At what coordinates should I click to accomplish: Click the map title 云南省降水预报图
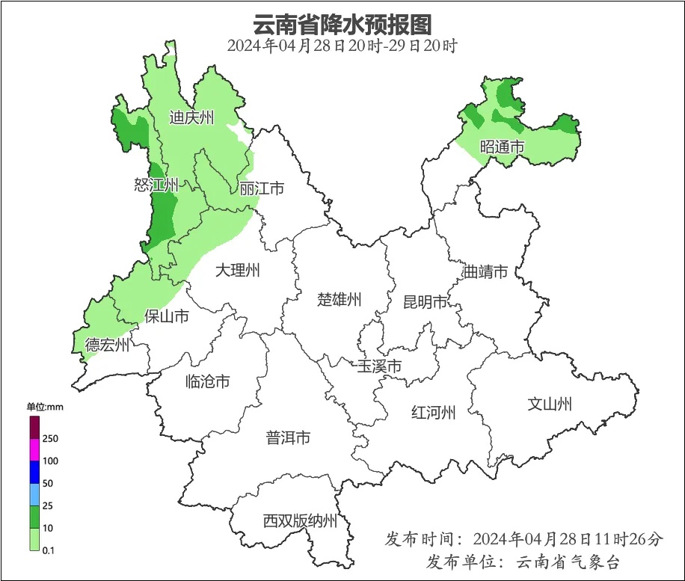point(342,24)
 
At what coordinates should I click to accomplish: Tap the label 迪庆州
point(191,117)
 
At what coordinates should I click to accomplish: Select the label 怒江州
point(156,185)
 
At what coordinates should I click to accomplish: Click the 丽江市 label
point(262,188)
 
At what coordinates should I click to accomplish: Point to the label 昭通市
point(503,147)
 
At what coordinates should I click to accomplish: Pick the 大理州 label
point(238,271)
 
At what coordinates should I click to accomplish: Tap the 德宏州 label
point(107,345)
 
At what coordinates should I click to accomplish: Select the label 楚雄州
point(340,300)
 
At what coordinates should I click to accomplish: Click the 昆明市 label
point(425,301)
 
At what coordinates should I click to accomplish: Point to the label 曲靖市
point(485,271)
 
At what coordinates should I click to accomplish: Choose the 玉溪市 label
point(380,366)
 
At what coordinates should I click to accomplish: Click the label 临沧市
point(207,382)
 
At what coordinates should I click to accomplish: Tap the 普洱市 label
point(288,438)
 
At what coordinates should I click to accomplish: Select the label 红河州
point(434,412)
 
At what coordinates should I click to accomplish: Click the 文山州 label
point(550,405)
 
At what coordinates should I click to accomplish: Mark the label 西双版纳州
point(300,521)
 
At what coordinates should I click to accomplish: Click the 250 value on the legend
point(51,438)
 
